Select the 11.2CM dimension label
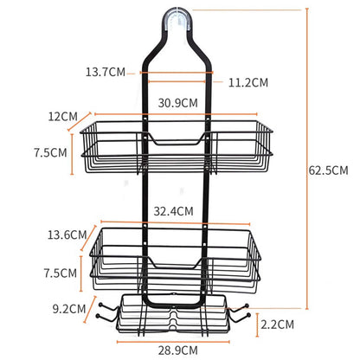pyautogui.click(x=249, y=82)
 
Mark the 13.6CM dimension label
pyautogui.click(x=67, y=233)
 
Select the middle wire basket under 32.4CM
pyautogui.click(x=177, y=260)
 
